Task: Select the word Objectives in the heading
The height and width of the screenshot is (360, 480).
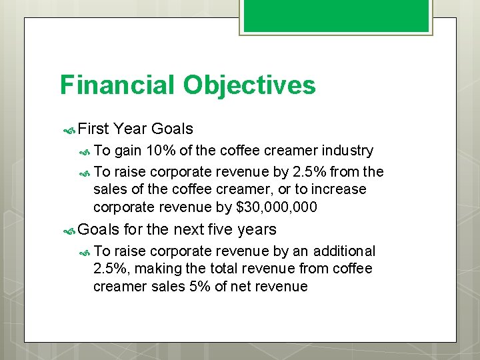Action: [x=249, y=85]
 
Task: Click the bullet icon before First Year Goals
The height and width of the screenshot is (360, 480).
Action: [x=69, y=129]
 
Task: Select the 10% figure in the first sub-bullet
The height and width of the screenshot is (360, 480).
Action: [x=161, y=151]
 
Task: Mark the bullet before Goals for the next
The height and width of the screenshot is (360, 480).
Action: [x=69, y=230]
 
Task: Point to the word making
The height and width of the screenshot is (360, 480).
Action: [x=154, y=269]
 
